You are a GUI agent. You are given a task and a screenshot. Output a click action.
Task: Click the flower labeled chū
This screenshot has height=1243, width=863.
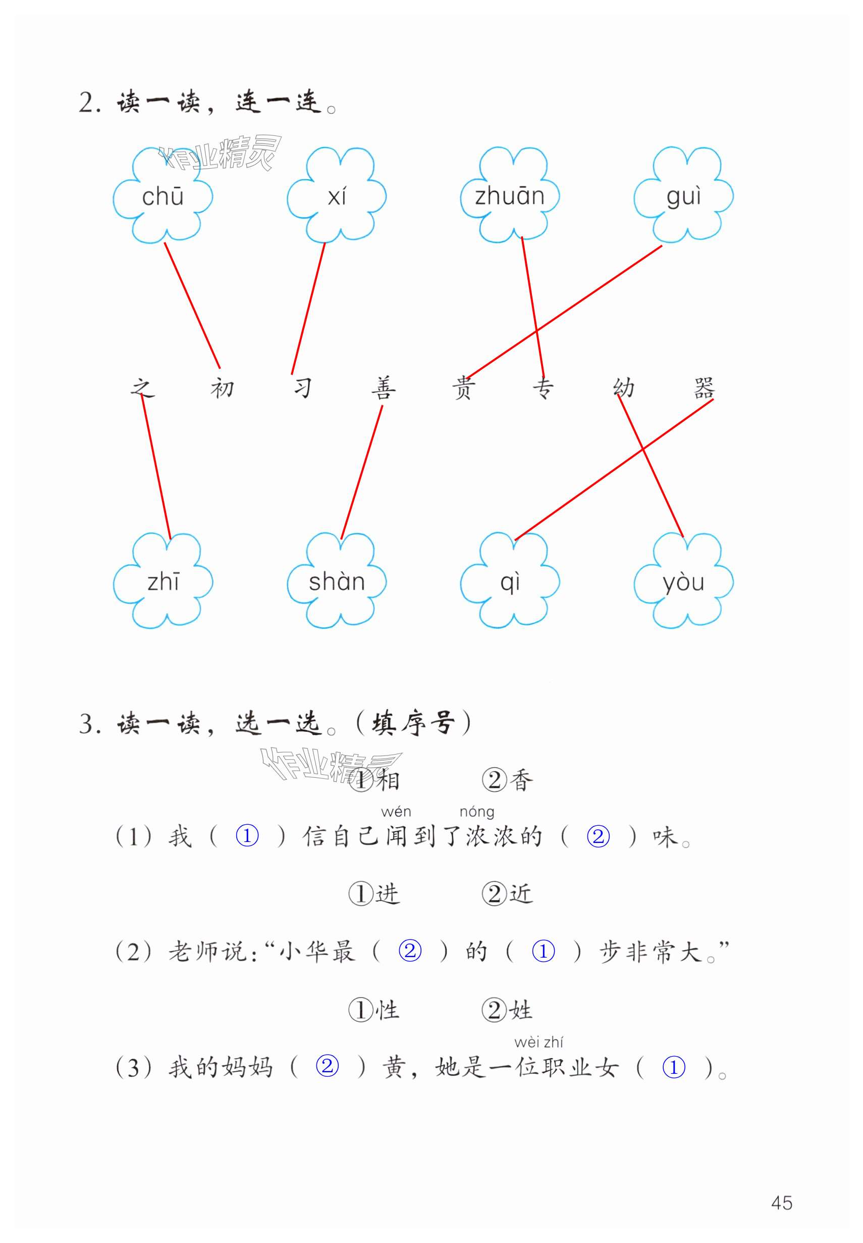(x=163, y=195)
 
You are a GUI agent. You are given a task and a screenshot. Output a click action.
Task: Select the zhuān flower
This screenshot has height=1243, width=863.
(x=509, y=195)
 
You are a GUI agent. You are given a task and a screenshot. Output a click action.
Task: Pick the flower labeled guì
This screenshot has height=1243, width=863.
(x=683, y=195)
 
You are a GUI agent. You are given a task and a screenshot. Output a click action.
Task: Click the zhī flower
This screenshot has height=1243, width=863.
(x=163, y=582)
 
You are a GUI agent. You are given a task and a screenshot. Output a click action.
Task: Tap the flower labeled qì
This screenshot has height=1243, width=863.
(x=509, y=582)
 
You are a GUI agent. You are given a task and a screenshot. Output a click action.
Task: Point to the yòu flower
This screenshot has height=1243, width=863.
(x=683, y=582)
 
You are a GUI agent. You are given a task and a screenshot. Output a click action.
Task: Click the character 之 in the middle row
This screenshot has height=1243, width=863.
(x=142, y=387)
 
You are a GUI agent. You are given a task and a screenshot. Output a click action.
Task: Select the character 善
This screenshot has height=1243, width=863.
(x=384, y=387)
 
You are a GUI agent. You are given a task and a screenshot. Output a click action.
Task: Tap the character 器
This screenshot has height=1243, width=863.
(x=704, y=387)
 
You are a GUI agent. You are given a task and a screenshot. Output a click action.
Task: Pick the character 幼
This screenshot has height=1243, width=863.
(x=624, y=387)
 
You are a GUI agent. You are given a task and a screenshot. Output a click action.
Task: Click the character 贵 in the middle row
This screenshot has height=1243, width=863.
(x=463, y=387)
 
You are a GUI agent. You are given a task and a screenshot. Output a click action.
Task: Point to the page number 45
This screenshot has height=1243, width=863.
(x=781, y=1203)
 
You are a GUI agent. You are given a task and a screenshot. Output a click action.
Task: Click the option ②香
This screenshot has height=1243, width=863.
(x=507, y=780)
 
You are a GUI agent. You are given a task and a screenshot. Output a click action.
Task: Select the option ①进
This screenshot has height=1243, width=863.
(x=374, y=893)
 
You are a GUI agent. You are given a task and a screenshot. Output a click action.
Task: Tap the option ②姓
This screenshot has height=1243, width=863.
(x=507, y=1010)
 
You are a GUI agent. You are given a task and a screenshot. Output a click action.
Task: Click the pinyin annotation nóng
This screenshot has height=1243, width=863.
(x=476, y=812)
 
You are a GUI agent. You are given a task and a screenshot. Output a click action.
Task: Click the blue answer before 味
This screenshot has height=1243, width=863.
(x=598, y=836)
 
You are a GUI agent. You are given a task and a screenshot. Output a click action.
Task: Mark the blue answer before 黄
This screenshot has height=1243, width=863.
(x=327, y=1067)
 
